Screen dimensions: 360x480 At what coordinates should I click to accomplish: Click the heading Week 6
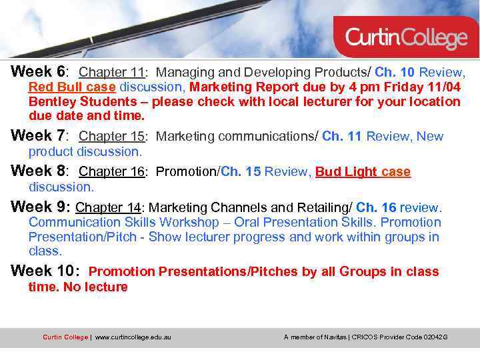[x=39, y=71]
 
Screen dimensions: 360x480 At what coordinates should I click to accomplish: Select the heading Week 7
[x=39, y=135]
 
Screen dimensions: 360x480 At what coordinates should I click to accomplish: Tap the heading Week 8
[x=39, y=171]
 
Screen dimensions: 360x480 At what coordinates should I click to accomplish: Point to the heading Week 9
[x=39, y=207]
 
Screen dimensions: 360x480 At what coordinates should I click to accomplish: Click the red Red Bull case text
[x=72, y=87]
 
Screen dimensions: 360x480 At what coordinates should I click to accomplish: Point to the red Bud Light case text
[x=363, y=172]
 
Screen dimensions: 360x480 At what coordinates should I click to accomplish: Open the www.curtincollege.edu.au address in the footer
[x=133, y=337]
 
